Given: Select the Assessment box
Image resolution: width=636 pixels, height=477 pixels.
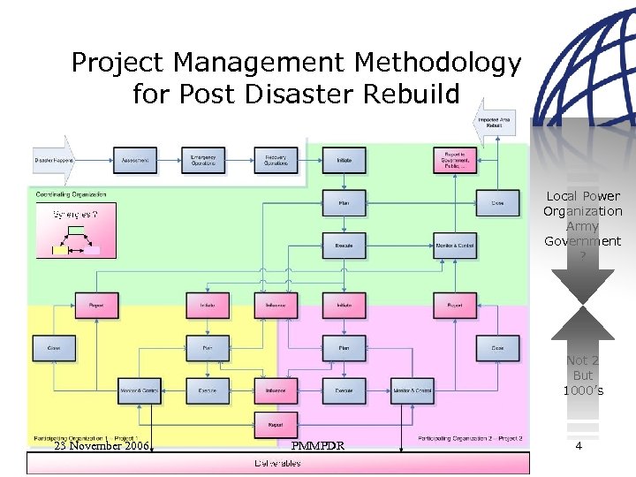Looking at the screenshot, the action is [135, 160].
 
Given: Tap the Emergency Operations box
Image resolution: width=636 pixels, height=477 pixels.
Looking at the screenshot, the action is [203, 160].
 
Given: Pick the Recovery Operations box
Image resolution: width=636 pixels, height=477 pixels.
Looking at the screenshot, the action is [276, 160].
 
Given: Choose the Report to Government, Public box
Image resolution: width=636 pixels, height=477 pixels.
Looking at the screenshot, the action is [454, 160].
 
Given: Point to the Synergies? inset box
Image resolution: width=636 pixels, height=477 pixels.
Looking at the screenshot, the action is [75, 229].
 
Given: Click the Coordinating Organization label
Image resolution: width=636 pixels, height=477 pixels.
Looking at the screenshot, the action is [72, 193].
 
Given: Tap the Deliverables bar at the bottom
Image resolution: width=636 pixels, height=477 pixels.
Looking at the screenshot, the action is [277, 463].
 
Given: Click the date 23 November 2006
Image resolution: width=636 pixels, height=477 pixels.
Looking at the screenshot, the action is [102, 446].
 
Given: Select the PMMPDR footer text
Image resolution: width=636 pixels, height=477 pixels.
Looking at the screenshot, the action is [316, 446].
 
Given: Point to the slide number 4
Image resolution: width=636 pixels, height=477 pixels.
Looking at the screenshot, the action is [579, 446].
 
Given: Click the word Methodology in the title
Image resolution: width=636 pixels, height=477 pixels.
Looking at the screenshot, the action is [437, 64].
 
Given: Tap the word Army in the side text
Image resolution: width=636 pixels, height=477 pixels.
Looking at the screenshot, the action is [583, 227].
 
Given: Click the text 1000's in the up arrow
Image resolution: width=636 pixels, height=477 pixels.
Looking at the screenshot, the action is [583, 390].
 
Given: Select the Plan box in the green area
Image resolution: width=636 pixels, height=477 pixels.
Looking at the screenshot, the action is [344, 203].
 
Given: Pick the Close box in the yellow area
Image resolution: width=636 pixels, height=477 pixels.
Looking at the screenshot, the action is [54, 348].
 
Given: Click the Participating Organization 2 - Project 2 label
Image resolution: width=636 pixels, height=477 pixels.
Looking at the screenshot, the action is [471, 438].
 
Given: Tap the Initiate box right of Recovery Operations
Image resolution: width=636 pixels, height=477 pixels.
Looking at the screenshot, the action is [344, 160].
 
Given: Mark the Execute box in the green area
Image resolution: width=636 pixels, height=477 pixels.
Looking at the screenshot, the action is [344, 245].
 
